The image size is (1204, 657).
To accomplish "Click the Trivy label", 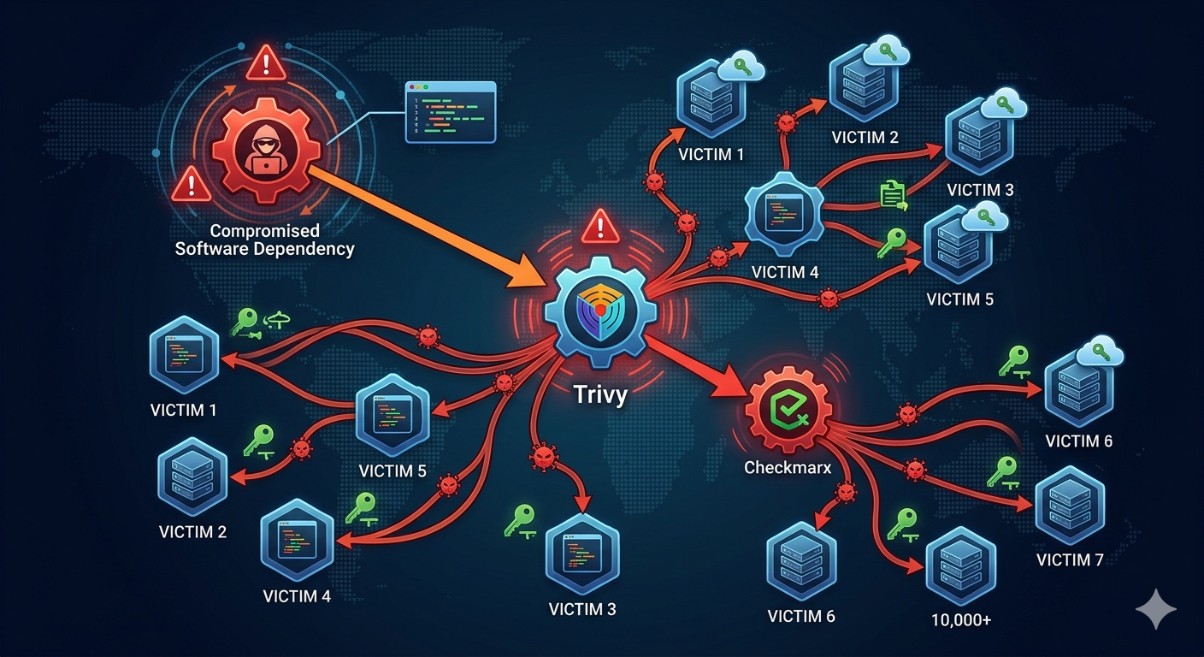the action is pyautogui.click(x=600, y=394).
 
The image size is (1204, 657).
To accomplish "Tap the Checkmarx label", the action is pyautogui.click(x=788, y=467).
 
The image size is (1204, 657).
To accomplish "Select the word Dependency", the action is pyautogui.click(x=304, y=249).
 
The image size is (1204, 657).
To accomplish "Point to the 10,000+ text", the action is pyautogui.click(x=961, y=620).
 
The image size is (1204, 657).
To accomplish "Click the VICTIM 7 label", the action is pyautogui.click(x=1070, y=559).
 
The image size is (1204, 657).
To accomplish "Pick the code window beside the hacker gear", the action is pyautogui.click(x=451, y=112).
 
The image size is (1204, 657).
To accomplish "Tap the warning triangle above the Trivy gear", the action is pyautogui.click(x=600, y=226).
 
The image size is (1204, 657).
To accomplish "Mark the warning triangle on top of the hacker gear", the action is pyautogui.click(x=266, y=63).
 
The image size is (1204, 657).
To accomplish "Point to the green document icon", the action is pyautogui.click(x=893, y=195).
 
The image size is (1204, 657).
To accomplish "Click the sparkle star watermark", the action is pyautogui.click(x=1156, y=609).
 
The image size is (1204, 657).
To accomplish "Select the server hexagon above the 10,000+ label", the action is pyautogui.click(x=961, y=567).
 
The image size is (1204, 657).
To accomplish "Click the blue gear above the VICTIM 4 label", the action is pyautogui.click(x=784, y=214).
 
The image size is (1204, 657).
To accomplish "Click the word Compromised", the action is pyautogui.click(x=264, y=231).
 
